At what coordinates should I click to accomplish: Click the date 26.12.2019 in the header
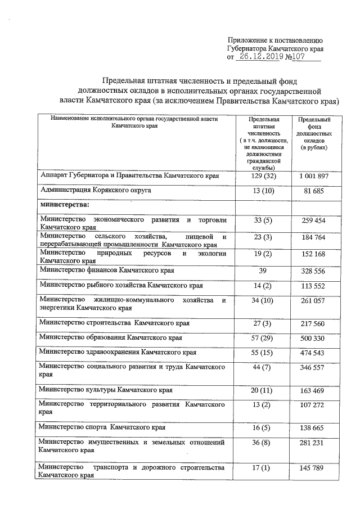click(259, 57)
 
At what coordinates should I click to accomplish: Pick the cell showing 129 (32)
click(262, 177)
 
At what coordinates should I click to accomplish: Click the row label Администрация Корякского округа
click(96, 191)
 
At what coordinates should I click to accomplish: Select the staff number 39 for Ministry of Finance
click(262, 271)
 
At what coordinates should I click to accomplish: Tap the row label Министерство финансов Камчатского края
click(107, 271)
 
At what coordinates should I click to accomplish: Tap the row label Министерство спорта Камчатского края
click(102, 427)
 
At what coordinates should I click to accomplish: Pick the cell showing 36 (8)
click(262, 444)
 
